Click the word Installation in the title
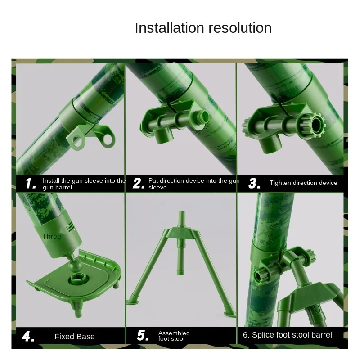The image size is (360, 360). pyautogui.click(x=169, y=28)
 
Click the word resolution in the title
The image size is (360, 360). pyautogui.click(x=240, y=28)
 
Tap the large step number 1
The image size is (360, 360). pyautogui.click(x=31, y=183)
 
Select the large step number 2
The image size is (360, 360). pyautogui.click(x=139, y=183)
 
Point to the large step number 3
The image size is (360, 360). pyautogui.click(x=254, y=183)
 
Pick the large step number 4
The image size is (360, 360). pyautogui.click(x=28, y=336)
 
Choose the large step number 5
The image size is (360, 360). pyautogui.click(x=143, y=335)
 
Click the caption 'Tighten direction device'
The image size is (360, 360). pyautogui.click(x=303, y=183)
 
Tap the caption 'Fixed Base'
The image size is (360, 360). pyautogui.click(x=75, y=337)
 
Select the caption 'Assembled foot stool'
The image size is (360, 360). pyautogui.click(x=174, y=336)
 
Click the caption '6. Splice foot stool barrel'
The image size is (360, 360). pyautogui.click(x=288, y=335)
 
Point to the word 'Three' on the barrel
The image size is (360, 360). pyautogui.click(x=52, y=237)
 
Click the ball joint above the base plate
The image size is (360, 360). pyautogui.click(x=75, y=265)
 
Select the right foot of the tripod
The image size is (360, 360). pyautogui.click(x=230, y=313)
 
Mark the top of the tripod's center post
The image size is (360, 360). pyautogui.click(x=182, y=212)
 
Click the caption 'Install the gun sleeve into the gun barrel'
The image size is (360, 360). pyautogui.click(x=84, y=184)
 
